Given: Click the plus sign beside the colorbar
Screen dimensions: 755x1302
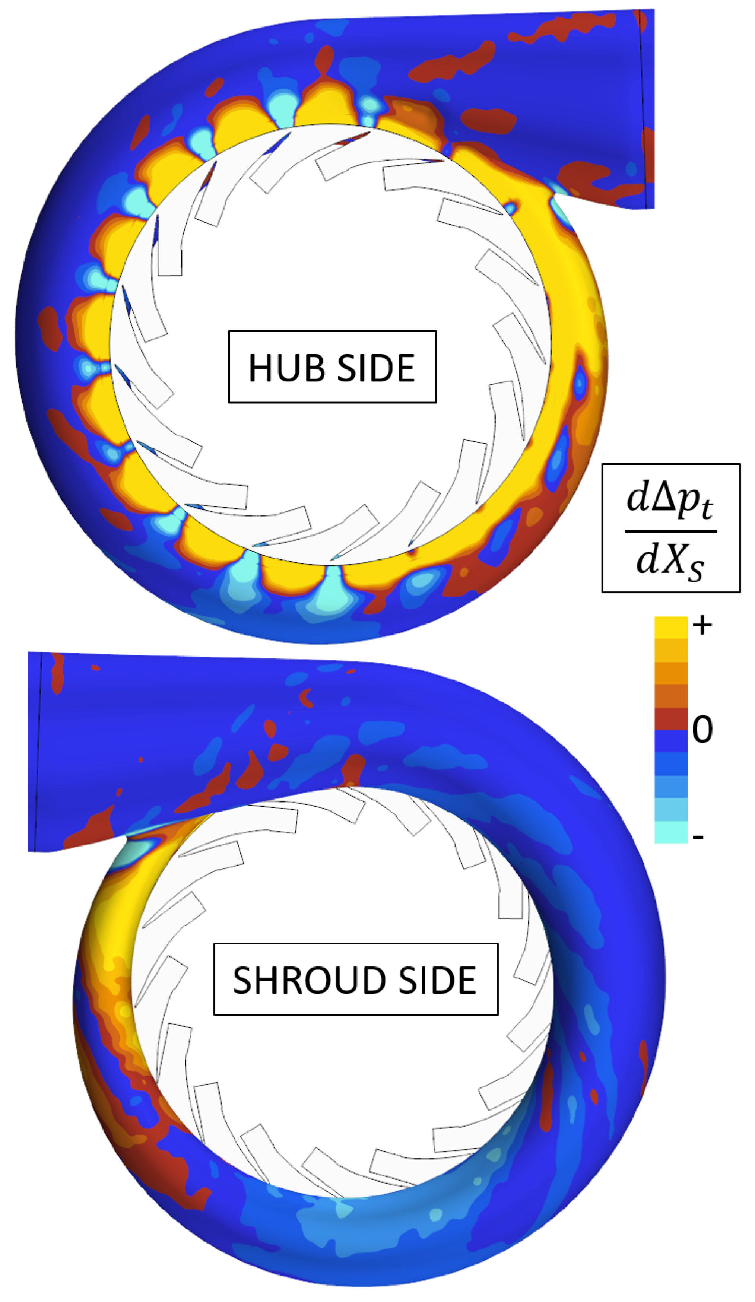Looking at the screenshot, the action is coord(702,626).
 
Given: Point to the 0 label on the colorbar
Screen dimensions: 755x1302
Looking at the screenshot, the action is coord(702,730).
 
